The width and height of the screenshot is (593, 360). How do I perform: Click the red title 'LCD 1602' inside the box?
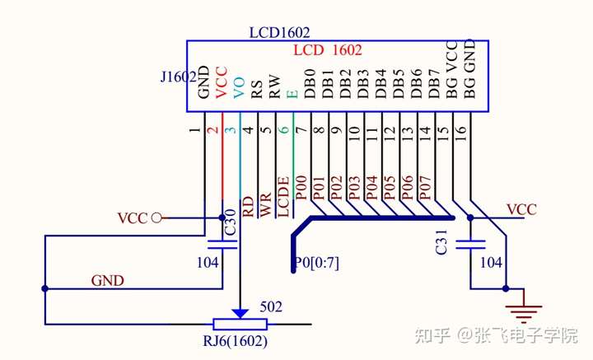(x=328, y=51)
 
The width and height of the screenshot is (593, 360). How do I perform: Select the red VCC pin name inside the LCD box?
(x=221, y=82)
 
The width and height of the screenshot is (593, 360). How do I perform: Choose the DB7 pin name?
(x=436, y=85)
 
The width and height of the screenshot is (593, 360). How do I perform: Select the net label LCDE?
(x=282, y=197)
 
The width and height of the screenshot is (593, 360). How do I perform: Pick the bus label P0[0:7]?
(x=316, y=264)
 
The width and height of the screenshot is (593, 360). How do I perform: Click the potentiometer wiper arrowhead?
(x=240, y=313)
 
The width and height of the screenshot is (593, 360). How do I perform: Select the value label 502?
(x=271, y=307)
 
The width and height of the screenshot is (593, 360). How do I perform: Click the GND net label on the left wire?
(x=107, y=281)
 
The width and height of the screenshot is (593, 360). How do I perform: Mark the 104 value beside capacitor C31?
(x=491, y=263)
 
